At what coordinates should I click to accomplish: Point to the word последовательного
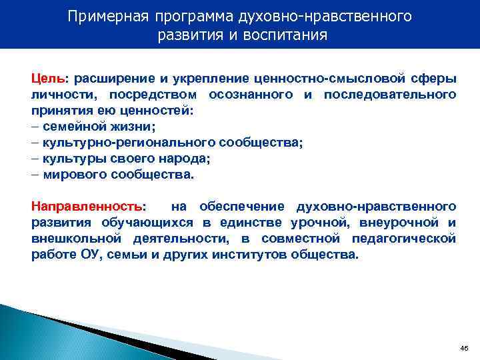coord(390,95)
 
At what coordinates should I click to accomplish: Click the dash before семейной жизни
coord(35,127)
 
